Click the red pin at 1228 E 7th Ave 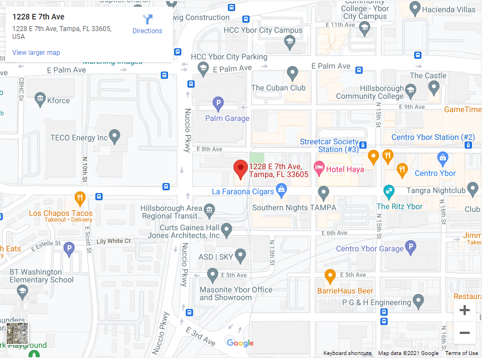pyautogui.click(x=240, y=169)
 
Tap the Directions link pyautogui.click(x=147, y=24)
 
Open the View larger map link pyautogui.click(x=36, y=53)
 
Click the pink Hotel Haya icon pyautogui.click(x=319, y=166)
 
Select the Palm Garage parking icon pyautogui.click(x=219, y=103)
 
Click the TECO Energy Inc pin pyautogui.click(x=115, y=135)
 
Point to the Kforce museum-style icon pyautogui.click(x=40, y=100)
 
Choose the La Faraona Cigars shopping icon pyautogui.click(x=282, y=191)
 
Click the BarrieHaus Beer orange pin pyautogui.click(x=330, y=276)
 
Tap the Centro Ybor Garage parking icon pyautogui.click(x=410, y=248)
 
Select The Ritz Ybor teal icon pyautogui.click(x=389, y=192)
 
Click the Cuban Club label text pyautogui.click(x=278, y=88)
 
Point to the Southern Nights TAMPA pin pyautogui.click(x=324, y=192)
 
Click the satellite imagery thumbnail pyautogui.click(x=17, y=333)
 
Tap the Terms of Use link pyautogui.click(x=461, y=353)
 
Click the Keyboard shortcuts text pyautogui.click(x=348, y=353)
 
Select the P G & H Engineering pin pyautogui.click(x=419, y=302)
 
